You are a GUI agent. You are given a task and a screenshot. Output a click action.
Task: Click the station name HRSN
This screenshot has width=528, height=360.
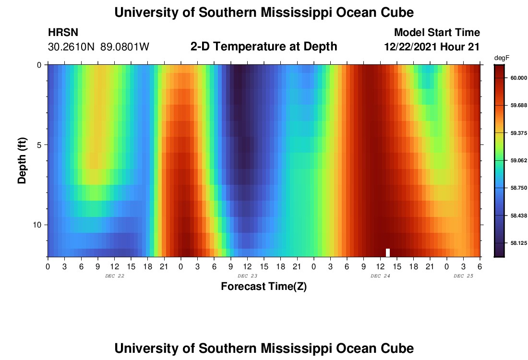click(x=63, y=33)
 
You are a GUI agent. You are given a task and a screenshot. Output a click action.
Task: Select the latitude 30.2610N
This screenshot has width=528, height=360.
click(x=72, y=47)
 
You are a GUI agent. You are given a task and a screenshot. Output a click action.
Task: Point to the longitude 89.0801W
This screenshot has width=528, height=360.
click(x=125, y=47)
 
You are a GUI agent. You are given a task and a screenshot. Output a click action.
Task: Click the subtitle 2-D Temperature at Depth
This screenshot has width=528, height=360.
click(x=264, y=47)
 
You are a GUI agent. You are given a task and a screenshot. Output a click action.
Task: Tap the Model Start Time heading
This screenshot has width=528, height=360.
click(x=436, y=33)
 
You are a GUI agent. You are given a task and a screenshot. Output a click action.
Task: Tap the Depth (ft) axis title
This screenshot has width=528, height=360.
click(x=22, y=161)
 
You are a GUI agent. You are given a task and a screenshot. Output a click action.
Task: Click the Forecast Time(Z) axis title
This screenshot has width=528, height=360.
click(x=264, y=287)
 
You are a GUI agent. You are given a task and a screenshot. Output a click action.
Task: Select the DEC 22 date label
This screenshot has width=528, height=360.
click(x=114, y=276)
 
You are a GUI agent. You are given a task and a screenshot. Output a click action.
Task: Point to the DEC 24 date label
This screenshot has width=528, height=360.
click(x=380, y=276)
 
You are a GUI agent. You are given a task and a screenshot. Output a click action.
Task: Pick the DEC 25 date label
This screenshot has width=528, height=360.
click(x=463, y=276)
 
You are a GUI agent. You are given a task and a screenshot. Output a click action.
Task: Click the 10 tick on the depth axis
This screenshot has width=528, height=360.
click(x=39, y=225)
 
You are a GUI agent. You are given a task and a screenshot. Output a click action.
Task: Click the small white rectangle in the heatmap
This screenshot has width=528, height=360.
click(x=388, y=252)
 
